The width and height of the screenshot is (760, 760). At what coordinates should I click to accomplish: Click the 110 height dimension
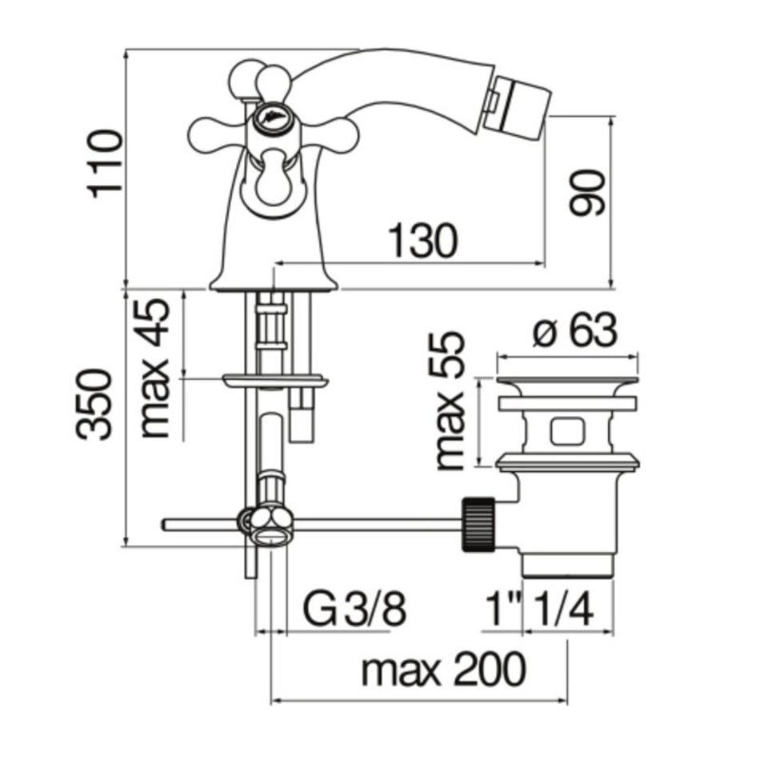104,163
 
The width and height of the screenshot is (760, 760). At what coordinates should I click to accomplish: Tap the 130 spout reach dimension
422,241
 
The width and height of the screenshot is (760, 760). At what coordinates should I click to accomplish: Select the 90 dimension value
587,192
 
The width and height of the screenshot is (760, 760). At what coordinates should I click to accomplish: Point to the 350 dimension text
94,405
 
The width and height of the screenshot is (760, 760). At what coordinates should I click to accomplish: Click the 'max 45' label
154,368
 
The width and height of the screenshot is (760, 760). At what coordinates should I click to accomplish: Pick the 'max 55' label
450,400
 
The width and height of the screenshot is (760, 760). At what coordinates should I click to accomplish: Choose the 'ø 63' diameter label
575,331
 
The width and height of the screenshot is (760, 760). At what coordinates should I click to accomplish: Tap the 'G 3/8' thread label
354,607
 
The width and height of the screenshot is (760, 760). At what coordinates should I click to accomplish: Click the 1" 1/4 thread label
539,608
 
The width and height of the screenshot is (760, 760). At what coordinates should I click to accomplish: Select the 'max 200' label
443,670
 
